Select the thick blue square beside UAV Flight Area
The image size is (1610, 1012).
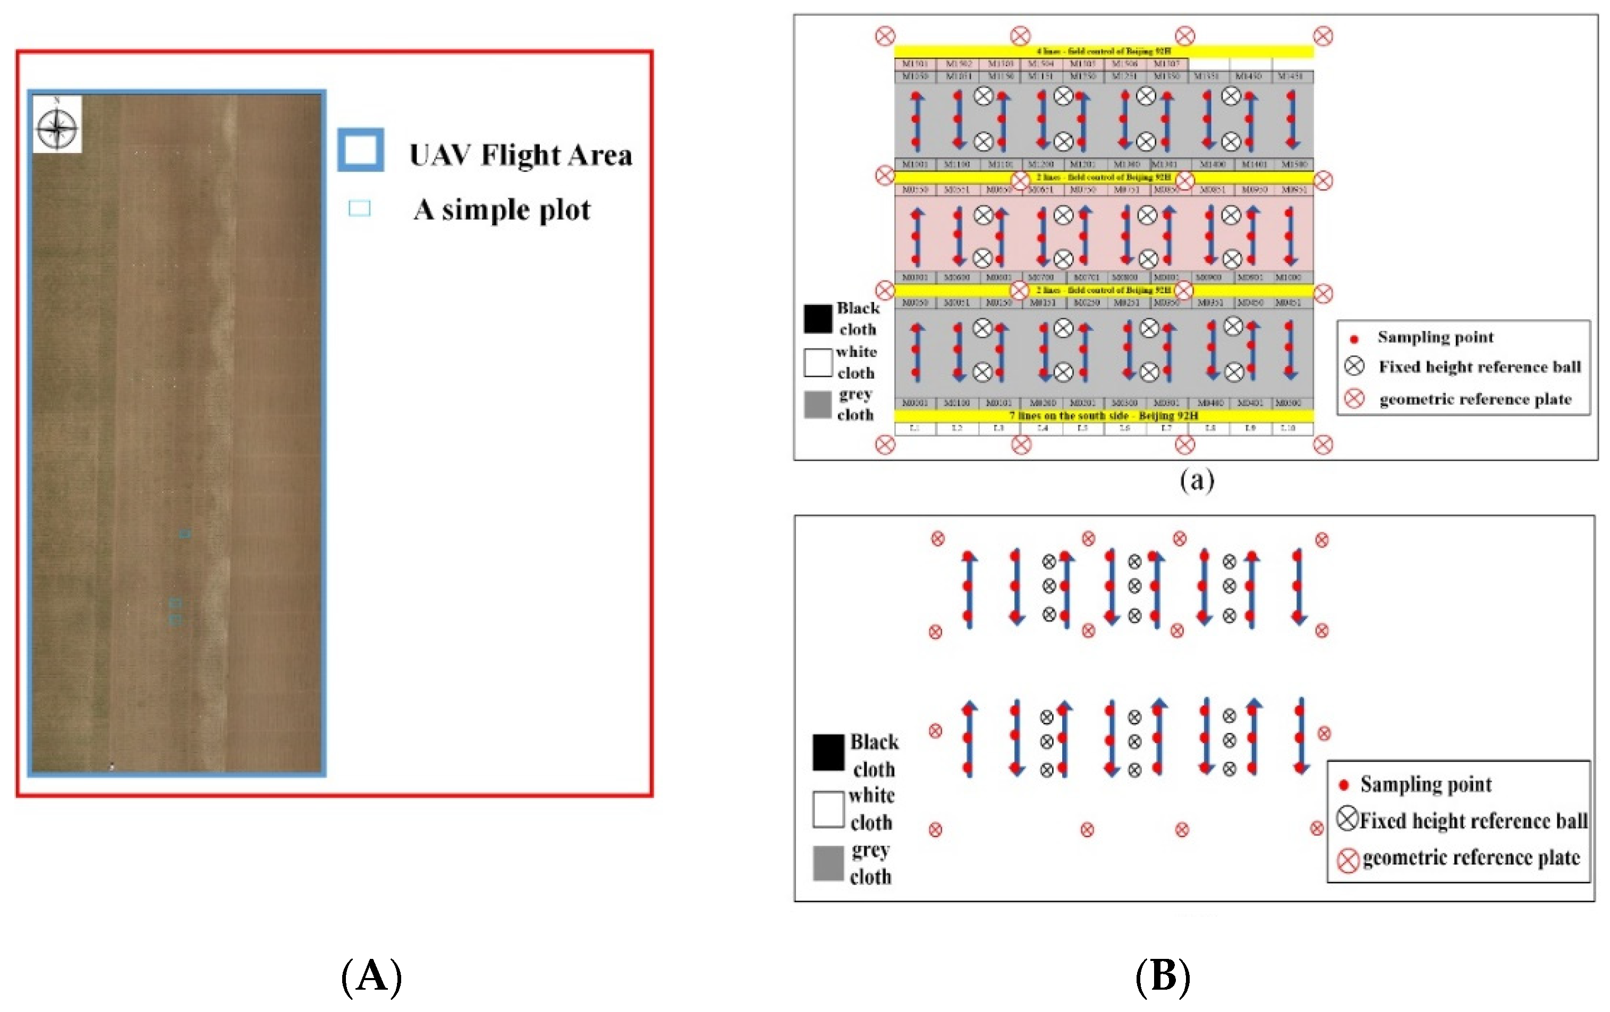pos(360,150)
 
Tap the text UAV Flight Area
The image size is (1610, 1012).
pos(520,155)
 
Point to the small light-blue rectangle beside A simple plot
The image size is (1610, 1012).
pos(359,209)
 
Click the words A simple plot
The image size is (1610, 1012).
pos(502,210)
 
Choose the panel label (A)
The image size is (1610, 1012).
pos(372,976)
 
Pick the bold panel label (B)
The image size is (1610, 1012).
pos(1163,976)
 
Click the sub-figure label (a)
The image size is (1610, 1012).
pos(1196,479)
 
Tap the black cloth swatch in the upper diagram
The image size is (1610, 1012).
pos(818,318)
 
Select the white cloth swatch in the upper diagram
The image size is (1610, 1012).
pos(818,362)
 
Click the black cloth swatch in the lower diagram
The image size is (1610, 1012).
pos(828,752)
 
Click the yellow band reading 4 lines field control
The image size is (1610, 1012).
pos(1104,51)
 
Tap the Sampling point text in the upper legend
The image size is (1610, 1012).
pos(1435,337)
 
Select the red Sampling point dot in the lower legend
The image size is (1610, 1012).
pos(1344,785)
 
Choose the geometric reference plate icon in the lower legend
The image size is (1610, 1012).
pos(1348,860)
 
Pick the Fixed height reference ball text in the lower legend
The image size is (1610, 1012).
pos(1473,821)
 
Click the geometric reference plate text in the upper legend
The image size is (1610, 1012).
pos(1475,399)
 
